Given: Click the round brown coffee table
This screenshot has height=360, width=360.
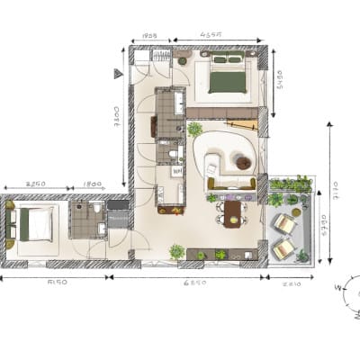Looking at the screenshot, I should [x=243, y=162].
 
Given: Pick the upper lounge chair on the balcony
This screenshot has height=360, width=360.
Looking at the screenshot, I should [x=286, y=222].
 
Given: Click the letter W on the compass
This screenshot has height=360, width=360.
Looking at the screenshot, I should [x=337, y=288].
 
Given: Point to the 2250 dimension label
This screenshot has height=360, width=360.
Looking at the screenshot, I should [x=36, y=184].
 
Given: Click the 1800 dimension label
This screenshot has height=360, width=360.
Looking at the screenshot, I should [x=94, y=184].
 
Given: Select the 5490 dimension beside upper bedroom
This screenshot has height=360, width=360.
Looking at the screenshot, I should [x=278, y=84].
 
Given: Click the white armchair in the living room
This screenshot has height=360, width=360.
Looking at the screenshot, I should [x=212, y=164].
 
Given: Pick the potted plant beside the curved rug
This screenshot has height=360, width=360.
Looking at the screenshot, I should [x=194, y=130].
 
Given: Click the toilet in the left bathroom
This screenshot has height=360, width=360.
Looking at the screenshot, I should [x=101, y=232].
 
